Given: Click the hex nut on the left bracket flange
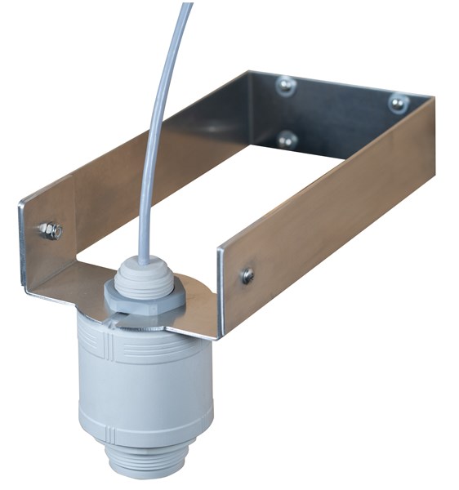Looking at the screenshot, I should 50,231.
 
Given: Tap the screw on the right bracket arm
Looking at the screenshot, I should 247,276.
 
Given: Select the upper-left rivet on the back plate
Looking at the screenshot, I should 285,85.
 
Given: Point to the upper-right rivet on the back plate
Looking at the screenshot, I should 398,103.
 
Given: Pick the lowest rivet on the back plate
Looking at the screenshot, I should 287,139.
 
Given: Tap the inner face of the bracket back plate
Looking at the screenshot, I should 343,114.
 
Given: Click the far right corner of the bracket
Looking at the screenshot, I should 432,106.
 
